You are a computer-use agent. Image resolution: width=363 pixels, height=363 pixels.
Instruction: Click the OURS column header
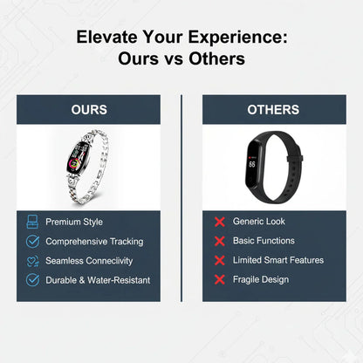(89, 110)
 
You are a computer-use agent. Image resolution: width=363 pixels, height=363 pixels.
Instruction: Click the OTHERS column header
(273, 110)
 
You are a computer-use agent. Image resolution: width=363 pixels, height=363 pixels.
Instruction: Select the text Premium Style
(74, 222)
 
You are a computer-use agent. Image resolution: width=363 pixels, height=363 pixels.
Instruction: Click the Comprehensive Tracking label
(94, 241)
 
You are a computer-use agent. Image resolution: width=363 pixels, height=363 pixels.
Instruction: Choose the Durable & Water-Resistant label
(98, 280)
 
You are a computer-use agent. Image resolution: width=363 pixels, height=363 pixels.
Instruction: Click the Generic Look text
(259, 222)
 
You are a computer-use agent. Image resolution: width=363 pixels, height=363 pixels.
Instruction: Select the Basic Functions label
(264, 241)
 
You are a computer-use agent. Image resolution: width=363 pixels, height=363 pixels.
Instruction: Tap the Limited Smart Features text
(278, 260)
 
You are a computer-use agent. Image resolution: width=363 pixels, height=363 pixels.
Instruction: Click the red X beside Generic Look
(219, 222)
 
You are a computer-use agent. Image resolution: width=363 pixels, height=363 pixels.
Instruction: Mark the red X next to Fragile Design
(219, 279)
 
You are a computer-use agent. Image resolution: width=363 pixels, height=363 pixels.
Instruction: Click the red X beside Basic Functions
(219, 241)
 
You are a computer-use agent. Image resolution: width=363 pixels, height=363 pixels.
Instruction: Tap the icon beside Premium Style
(32, 222)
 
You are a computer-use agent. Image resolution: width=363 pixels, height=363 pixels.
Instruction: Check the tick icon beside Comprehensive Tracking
(32, 241)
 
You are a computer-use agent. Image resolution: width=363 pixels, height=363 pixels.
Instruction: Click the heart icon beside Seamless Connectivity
(32, 260)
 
